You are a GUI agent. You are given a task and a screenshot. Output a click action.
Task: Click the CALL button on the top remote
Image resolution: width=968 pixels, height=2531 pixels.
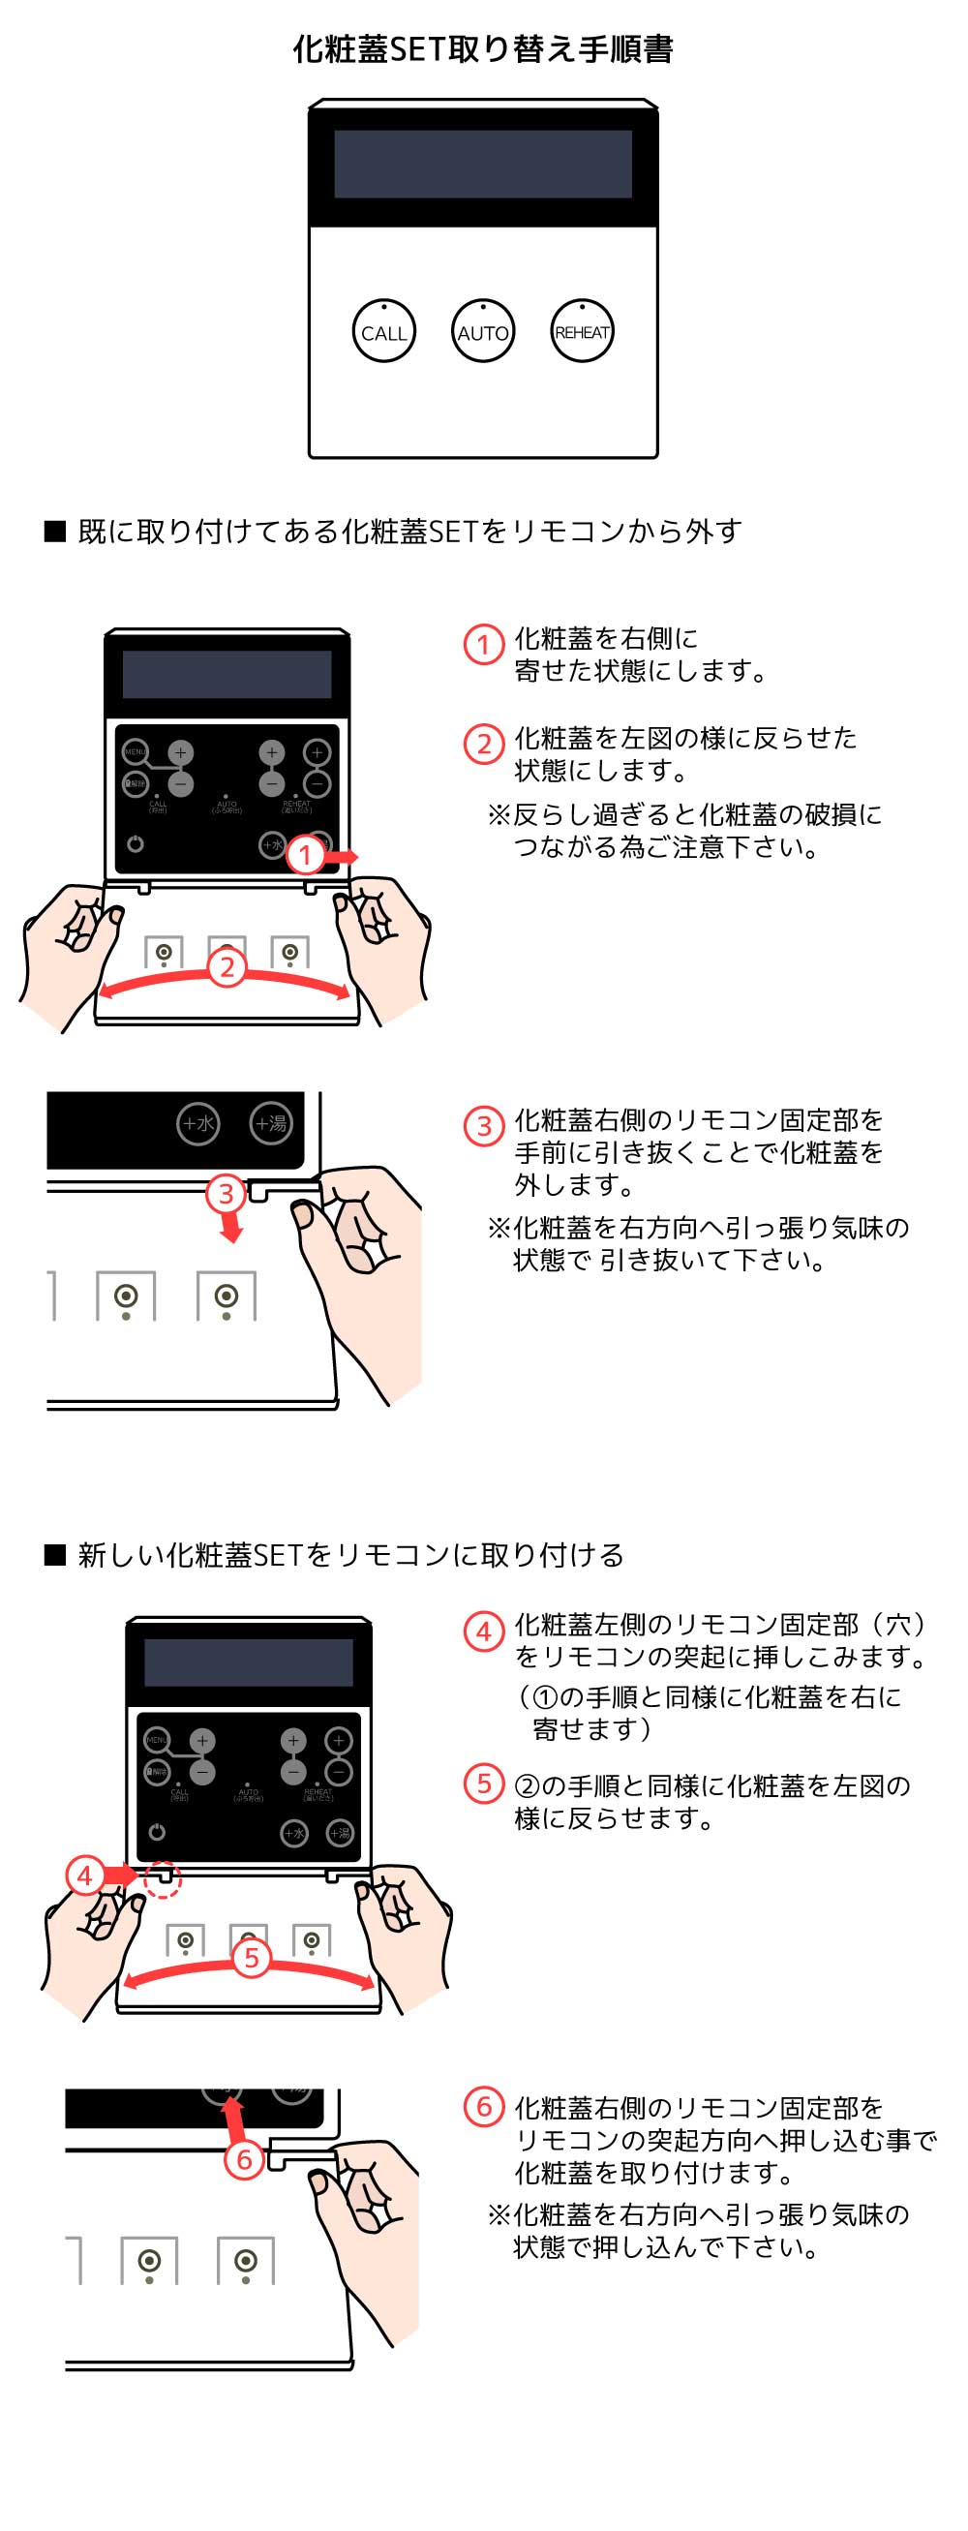(383, 331)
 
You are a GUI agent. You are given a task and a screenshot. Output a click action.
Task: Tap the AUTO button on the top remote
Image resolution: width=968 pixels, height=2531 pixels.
(482, 331)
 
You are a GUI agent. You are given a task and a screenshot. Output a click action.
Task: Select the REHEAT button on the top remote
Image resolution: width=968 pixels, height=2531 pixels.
(582, 331)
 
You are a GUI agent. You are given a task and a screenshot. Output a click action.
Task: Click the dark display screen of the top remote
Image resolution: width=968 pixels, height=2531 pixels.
(482, 164)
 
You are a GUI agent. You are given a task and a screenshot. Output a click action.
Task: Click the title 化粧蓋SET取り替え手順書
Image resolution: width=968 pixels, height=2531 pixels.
(482, 49)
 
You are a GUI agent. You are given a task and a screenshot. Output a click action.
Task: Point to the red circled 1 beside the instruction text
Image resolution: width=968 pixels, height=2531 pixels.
(483, 645)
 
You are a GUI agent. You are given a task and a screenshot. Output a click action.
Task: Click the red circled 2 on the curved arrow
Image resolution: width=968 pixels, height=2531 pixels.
(227, 967)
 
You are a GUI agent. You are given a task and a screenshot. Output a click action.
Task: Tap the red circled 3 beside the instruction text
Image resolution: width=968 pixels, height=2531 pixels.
(483, 1125)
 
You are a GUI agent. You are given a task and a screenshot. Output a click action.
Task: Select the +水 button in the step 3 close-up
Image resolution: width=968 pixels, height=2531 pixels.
(198, 1123)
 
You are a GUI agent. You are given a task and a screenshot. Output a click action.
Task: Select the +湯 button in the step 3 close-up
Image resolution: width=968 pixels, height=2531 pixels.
(270, 1123)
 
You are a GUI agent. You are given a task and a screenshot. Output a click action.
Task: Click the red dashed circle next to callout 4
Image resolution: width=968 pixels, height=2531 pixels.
(165, 1877)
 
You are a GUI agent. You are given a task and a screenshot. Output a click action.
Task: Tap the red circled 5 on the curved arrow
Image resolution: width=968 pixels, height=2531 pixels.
(251, 1957)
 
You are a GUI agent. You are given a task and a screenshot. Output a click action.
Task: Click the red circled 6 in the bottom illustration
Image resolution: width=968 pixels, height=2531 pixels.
(245, 2159)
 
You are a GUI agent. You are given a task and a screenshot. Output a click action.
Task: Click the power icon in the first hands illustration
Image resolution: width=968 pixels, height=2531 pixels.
(136, 844)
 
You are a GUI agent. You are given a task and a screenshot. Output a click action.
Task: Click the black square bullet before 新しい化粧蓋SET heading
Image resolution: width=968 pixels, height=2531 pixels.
(55, 1555)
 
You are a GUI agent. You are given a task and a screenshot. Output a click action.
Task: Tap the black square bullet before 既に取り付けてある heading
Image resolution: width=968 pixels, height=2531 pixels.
(55, 532)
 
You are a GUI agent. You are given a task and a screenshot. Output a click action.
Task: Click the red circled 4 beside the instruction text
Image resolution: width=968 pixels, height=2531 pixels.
(483, 1631)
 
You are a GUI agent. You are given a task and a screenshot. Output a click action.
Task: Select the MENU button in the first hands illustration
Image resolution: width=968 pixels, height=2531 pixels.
(135, 751)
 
